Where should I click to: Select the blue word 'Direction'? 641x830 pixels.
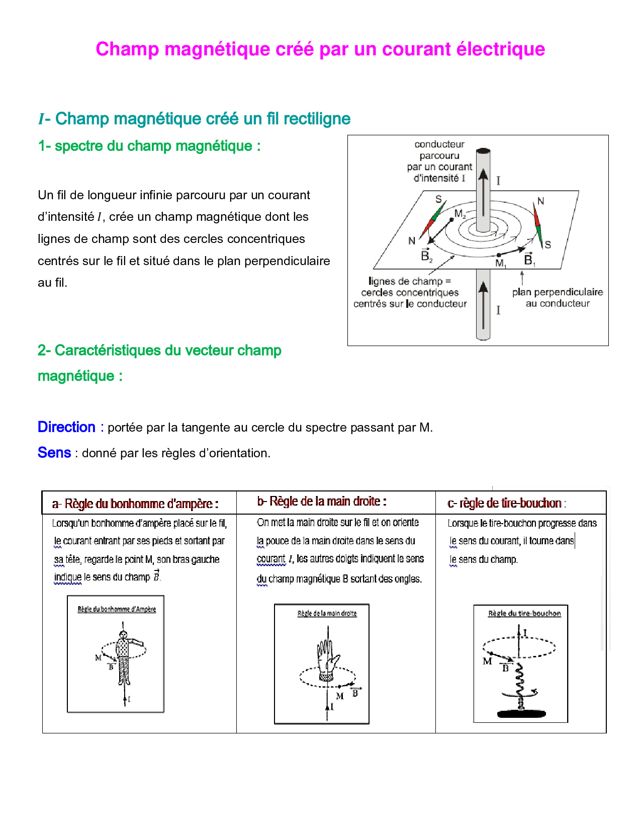pyautogui.click(x=66, y=427)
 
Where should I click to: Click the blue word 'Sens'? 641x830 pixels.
pyautogui.click(x=54, y=453)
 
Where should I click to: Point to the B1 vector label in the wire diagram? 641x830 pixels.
pyautogui.click(x=529, y=260)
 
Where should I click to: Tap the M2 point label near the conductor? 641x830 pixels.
pyautogui.click(x=460, y=214)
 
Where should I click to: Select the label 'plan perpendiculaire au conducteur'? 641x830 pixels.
pyautogui.click(x=558, y=297)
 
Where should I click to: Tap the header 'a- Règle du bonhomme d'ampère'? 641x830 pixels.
pyautogui.click(x=135, y=504)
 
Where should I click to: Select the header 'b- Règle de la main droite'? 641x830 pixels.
pyautogui.click(x=322, y=502)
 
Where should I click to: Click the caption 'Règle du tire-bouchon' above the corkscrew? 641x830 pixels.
pyautogui.click(x=524, y=614)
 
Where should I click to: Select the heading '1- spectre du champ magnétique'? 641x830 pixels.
pyautogui.click(x=149, y=146)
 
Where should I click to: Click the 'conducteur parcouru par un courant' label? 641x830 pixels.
pyautogui.click(x=439, y=161)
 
